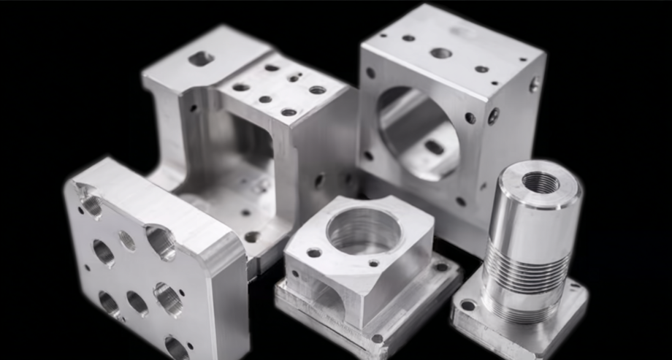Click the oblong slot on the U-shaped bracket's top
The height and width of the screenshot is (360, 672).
[x=201, y=58]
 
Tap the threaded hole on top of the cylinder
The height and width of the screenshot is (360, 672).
[x=541, y=183]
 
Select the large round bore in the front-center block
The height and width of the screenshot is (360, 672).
[x=363, y=230]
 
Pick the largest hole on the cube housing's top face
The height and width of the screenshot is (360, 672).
[x=441, y=53]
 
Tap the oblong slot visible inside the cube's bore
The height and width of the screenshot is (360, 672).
[x=434, y=147]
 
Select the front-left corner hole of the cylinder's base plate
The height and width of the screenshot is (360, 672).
[x=467, y=305]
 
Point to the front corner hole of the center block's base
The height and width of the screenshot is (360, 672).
[x=377, y=338]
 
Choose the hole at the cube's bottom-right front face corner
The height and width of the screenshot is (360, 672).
[x=461, y=202]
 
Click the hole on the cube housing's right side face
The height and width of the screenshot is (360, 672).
[x=534, y=85]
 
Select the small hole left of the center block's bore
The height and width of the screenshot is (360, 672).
[x=314, y=253]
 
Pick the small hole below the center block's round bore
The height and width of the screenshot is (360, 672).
[x=374, y=263]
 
